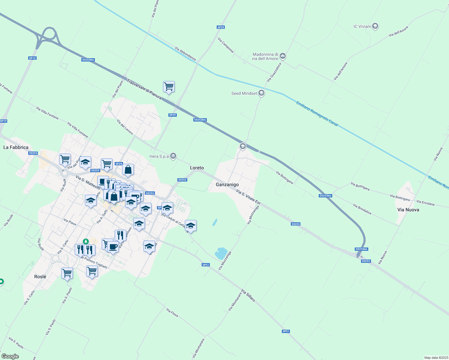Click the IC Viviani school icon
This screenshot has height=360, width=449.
pyautogui.click(x=375, y=26)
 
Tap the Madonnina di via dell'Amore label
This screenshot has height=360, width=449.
pyautogui.click(x=265, y=56)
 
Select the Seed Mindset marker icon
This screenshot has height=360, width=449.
pyautogui.click(x=261, y=93)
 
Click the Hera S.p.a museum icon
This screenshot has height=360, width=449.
pyautogui.click(x=173, y=156)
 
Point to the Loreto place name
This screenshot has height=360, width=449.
pyautogui.click(x=197, y=168)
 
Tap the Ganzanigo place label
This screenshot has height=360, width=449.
pyautogui.click(x=227, y=185)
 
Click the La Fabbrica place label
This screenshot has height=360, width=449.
pyautogui.click(x=16, y=148)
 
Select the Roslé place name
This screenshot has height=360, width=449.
pyautogui.click(x=40, y=277)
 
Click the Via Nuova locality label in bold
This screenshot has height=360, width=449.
pyautogui.click(x=408, y=210)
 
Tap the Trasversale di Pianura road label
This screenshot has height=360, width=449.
pyautogui.click(x=144, y=89)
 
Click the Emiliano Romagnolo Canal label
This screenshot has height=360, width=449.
pyautogui.click(x=317, y=114)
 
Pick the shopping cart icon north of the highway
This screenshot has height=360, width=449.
pyautogui.click(x=169, y=87)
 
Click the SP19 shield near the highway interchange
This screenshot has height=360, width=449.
pyautogui.click(x=32, y=58)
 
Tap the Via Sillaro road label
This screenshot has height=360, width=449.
pyautogui.click(x=248, y=295)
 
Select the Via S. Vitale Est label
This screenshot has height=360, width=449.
pyautogui.click(x=248, y=197)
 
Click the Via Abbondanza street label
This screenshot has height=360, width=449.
pyautogui.click(x=185, y=54)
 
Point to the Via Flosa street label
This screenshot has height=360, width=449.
pyautogui.click(x=172, y=313)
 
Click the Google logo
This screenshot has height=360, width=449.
pyautogui.click(x=10, y=356)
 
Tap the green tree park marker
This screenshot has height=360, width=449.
pyautogui.click(x=86, y=241)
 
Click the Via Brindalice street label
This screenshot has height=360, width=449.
pyautogui.click(x=362, y=209)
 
